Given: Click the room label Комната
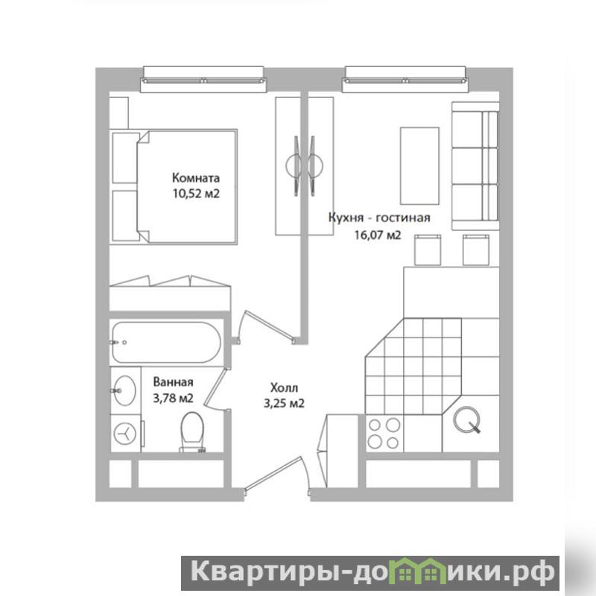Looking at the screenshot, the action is point(196,178).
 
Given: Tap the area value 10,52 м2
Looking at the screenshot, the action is point(196,194).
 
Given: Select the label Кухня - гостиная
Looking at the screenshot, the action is point(379,218).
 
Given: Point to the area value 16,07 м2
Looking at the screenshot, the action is point(378,235).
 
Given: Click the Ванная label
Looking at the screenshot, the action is point(174,381).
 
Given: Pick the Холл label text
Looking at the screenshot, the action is point(285,388).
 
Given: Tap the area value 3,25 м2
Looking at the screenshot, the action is point(285,403).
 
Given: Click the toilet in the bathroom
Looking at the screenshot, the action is point(192,433).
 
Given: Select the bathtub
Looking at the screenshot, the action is point(166,343).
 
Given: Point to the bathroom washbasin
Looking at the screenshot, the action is point(124,390).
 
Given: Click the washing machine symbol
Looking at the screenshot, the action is point(125,434).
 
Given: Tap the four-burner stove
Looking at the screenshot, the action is point(384,434).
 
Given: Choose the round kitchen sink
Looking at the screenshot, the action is point(466,419).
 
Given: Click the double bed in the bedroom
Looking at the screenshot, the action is point(174,187).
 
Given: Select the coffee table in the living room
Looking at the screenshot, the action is point(419,165).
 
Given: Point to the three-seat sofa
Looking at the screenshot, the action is point(475,165).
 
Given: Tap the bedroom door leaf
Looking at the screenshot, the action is point(270,325).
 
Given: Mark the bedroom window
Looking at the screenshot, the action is point(203,80).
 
